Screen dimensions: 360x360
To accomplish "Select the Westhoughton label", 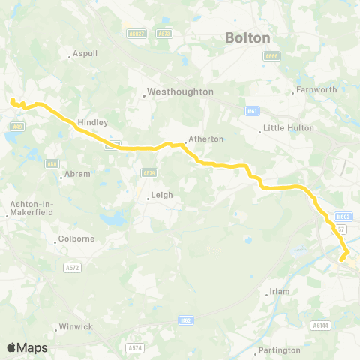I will click(x=181, y=91).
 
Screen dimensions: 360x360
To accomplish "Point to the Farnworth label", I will click(x=316, y=91).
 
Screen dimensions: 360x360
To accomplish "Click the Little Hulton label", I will click(x=283, y=129).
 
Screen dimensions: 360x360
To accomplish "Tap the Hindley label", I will click(x=93, y=121).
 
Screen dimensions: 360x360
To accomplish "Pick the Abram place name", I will click(x=78, y=174).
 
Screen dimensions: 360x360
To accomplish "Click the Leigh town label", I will click(x=162, y=195).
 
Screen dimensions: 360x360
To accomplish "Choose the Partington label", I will click(x=279, y=350).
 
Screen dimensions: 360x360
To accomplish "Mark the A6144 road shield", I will click(x=321, y=325).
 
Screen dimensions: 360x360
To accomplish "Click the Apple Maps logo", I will click(x=27, y=347).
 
